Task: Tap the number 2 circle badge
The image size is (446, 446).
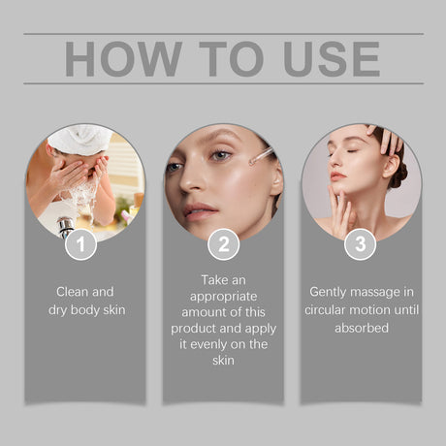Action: click(x=223, y=244)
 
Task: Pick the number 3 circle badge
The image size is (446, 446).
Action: click(x=360, y=244)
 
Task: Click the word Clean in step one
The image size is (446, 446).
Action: click(x=74, y=290)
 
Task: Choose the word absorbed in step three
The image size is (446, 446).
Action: click(x=361, y=329)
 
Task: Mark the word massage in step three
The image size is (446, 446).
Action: click(x=382, y=291)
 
